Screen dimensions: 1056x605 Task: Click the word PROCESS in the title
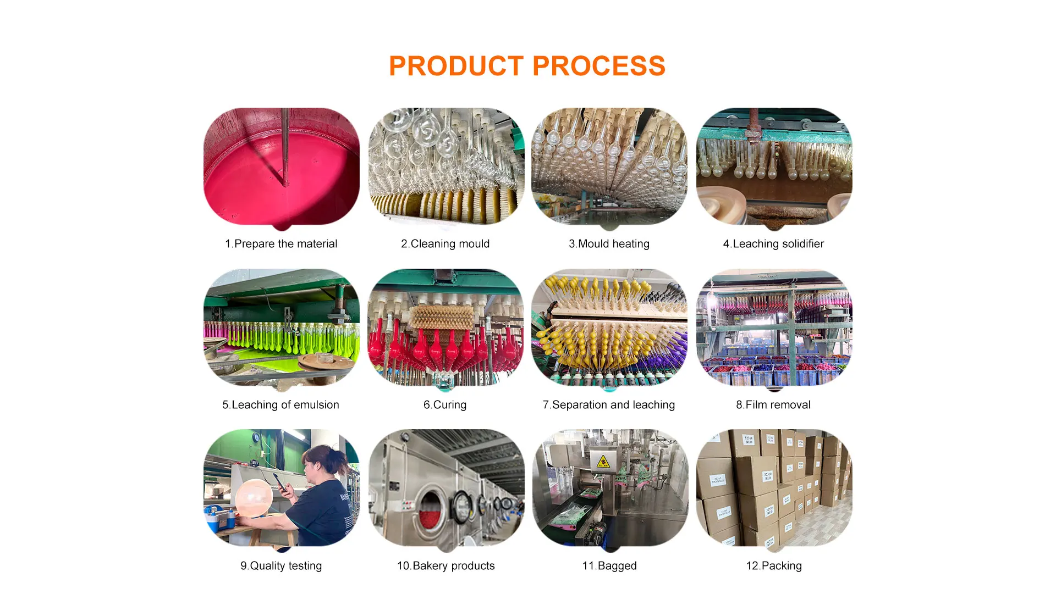point(599,66)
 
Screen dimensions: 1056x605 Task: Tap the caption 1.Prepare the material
point(281,243)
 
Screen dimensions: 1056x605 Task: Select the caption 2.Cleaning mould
point(445,243)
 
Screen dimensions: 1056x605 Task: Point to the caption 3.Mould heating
point(609,243)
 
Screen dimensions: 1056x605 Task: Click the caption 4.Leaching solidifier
point(773,243)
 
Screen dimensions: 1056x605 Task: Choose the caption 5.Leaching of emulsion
point(280,404)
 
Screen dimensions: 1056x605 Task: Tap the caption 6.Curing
point(445,404)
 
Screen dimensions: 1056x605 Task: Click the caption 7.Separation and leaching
point(609,404)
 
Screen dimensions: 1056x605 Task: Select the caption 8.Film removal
point(773,404)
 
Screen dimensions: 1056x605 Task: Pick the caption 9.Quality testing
point(281,565)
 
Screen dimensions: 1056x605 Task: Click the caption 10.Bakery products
point(446,565)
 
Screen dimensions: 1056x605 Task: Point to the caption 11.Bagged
point(609,565)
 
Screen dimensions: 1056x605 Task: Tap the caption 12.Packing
point(774,565)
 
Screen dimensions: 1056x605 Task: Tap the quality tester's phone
point(279,482)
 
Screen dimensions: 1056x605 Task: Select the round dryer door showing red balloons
point(433,509)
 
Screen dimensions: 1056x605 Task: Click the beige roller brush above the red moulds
point(442,318)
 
